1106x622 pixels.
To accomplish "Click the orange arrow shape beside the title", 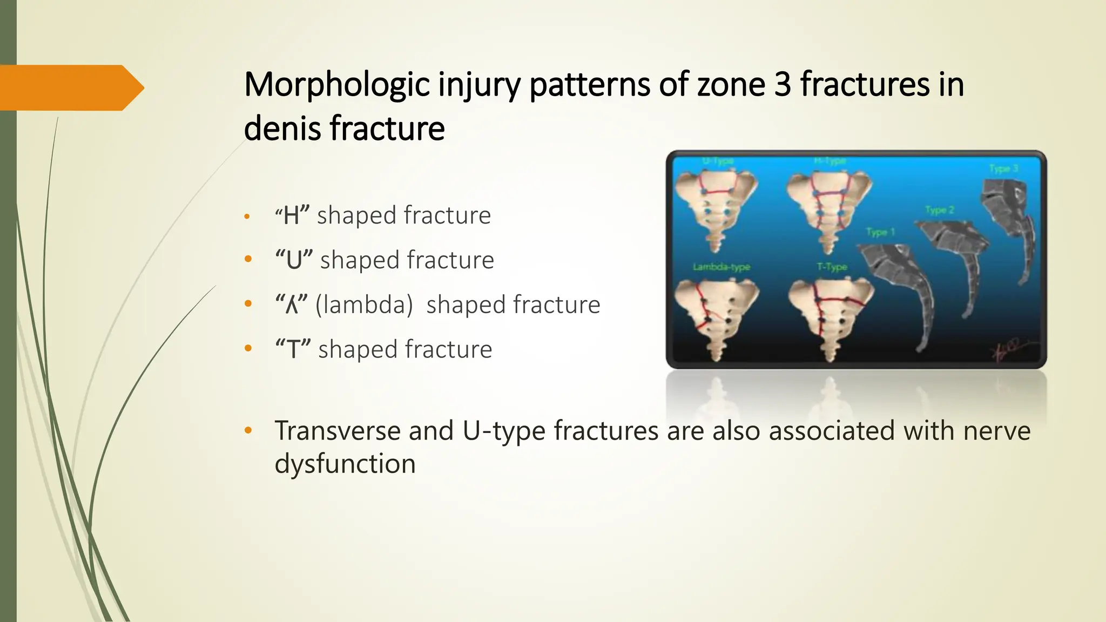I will [70, 87].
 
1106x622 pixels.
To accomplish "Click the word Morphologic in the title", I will [336, 85].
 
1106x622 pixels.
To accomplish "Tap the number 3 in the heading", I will [783, 85].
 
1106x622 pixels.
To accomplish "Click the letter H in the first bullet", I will [292, 215].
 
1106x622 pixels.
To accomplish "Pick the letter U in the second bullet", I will [294, 260].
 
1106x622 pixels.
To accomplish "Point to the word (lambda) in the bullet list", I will [364, 305].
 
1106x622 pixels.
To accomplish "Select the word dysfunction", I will [345, 464].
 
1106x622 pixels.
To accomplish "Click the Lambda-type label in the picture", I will [721, 267].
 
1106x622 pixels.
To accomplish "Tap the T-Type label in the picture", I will [832, 267].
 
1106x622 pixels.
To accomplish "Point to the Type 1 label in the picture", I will [880, 232].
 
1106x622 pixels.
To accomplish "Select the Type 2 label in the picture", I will [939, 209].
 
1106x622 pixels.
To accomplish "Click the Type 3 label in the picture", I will [1003, 168].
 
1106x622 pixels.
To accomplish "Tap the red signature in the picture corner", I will [1010, 351].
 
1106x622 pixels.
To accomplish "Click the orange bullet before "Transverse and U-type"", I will [248, 431].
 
